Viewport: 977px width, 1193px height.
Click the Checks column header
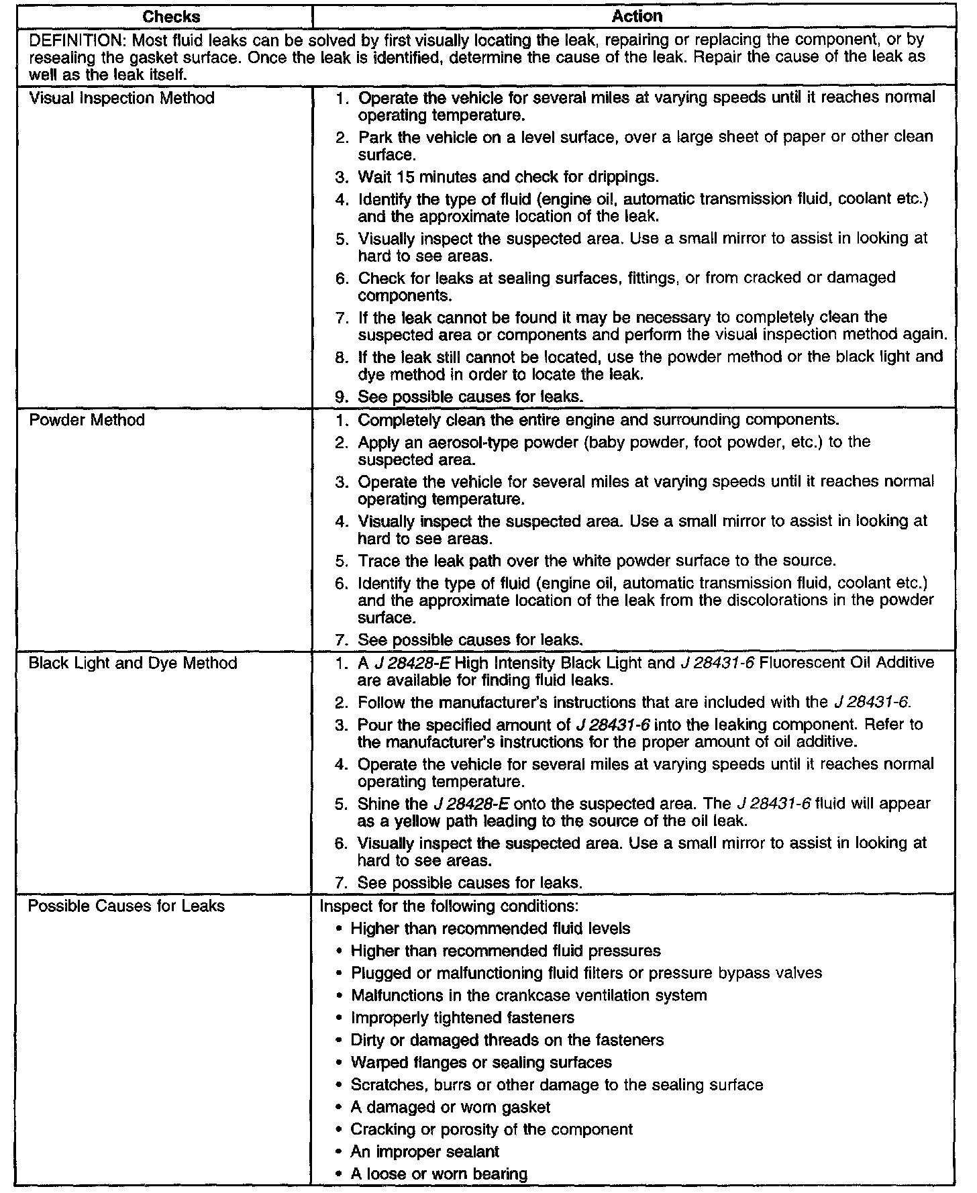[171, 16]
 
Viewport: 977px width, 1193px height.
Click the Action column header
[637, 16]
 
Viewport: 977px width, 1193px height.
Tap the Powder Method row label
[87, 420]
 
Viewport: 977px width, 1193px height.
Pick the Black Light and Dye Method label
[133, 663]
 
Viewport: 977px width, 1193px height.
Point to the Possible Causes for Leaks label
[126, 906]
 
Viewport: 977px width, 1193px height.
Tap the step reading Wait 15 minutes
[508, 177]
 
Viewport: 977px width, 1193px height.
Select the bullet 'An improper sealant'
[425, 1151]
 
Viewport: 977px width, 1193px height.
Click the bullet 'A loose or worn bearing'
[439, 1174]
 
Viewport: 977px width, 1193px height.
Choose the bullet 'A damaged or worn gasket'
[450, 1107]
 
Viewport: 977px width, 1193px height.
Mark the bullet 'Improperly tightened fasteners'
[462, 1018]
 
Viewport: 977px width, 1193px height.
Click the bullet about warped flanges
[481, 1062]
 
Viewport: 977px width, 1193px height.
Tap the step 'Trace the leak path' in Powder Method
[597, 560]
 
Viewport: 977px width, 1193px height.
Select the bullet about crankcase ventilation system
[529, 995]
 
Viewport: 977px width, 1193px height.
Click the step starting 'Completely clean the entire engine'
[598, 420]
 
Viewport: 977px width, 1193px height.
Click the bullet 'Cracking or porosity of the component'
[491, 1129]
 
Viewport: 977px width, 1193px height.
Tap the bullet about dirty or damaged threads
[507, 1040]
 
